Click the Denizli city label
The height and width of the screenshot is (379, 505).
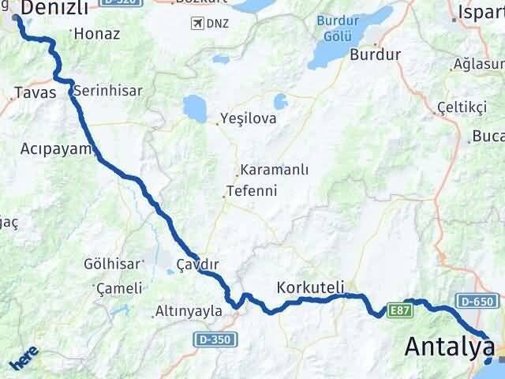(53, 8)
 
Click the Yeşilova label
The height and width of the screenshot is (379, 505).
(248, 118)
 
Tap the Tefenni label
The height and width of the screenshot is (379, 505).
(252, 190)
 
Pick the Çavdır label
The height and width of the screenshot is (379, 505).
(197, 264)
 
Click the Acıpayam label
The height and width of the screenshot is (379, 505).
(52, 148)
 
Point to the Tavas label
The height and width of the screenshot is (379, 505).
(35, 93)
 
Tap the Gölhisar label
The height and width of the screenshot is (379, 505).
(111, 264)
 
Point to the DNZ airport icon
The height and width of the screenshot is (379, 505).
(196, 23)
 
